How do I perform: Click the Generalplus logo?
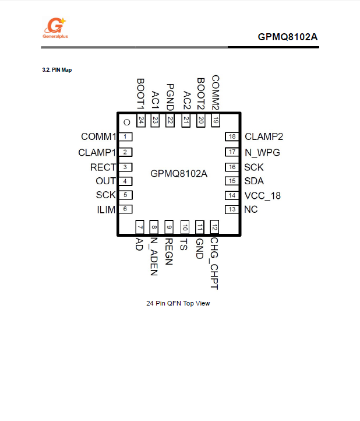click(x=56, y=27)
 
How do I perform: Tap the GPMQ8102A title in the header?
click(x=288, y=37)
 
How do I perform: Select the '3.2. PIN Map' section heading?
click(x=58, y=70)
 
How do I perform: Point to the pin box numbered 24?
click(x=141, y=121)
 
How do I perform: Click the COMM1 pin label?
click(x=98, y=137)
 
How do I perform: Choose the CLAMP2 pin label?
click(x=264, y=137)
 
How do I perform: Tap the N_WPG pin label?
click(x=262, y=152)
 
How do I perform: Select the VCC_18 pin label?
click(x=263, y=196)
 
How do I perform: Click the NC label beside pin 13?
click(x=251, y=209)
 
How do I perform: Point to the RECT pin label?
click(x=103, y=167)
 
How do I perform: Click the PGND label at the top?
click(x=170, y=97)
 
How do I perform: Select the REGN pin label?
click(x=169, y=252)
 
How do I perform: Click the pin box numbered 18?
click(x=232, y=137)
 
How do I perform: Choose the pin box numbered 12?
click(x=215, y=227)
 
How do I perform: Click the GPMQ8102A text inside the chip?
click(x=179, y=173)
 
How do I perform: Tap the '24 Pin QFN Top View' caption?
click(x=178, y=303)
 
